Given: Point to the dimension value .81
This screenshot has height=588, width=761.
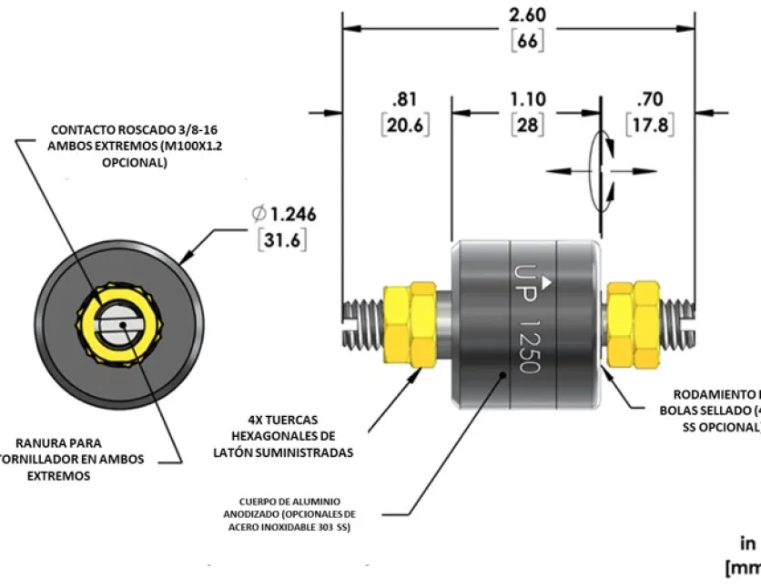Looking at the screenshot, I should tap(406, 99).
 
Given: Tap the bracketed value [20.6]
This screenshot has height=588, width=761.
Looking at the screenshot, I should tap(406, 125).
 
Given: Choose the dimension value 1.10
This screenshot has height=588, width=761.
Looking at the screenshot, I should tap(527, 99).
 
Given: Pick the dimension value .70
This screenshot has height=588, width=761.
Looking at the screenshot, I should tap(650, 99).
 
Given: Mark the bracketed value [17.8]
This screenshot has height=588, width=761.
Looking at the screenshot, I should tap(650, 125).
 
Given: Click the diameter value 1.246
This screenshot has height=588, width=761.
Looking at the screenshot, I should tap(290, 215).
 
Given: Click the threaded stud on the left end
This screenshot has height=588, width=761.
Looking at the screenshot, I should tap(363, 322).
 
